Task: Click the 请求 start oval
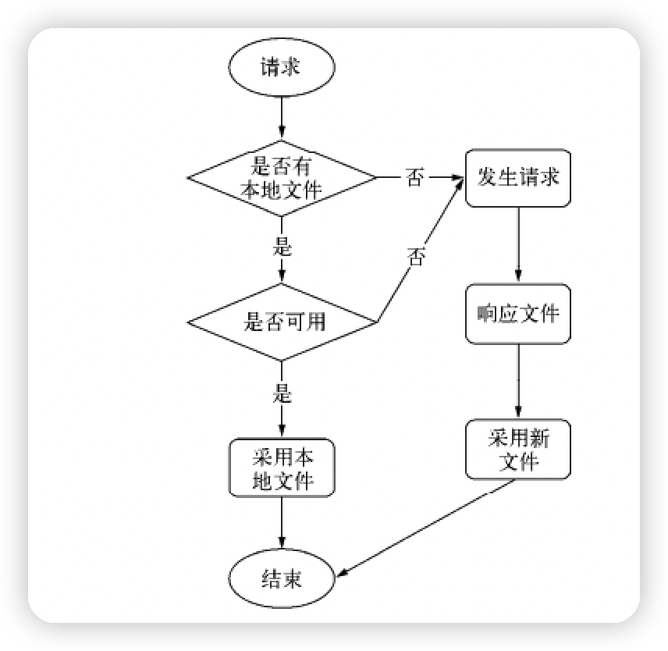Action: (x=281, y=67)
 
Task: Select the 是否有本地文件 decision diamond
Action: (x=281, y=178)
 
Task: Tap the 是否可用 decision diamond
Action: (x=281, y=321)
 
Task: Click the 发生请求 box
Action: (x=518, y=178)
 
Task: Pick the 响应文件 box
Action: (x=518, y=313)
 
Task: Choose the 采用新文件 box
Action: (x=518, y=450)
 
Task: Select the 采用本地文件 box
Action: (x=281, y=468)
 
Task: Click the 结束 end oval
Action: (x=281, y=580)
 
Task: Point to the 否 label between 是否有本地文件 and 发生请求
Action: (x=415, y=179)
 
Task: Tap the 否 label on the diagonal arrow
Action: (x=417, y=257)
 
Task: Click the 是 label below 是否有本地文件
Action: (x=282, y=248)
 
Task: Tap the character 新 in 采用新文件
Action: (x=539, y=438)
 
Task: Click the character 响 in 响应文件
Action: (x=487, y=313)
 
